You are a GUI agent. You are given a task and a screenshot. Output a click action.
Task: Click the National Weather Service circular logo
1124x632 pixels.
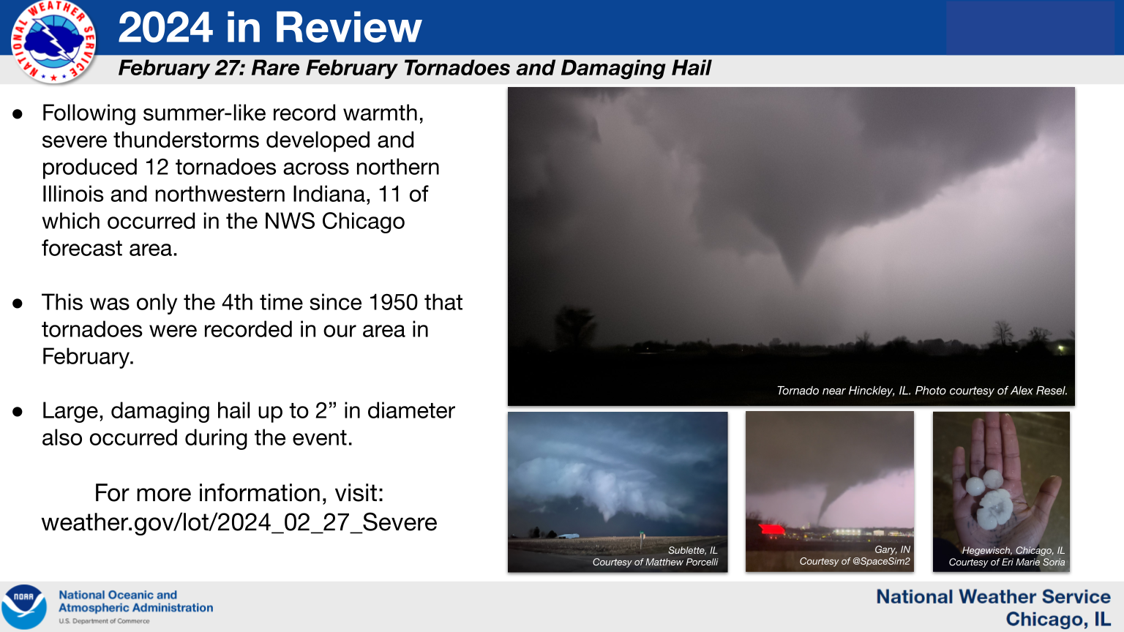[x=53, y=41]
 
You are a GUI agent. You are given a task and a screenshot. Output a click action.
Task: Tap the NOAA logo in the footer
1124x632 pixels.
[x=24, y=607]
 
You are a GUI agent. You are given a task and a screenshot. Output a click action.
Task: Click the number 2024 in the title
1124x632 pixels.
[x=165, y=28]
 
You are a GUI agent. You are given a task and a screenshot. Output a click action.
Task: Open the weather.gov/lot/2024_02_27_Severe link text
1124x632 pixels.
[x=239, y=522]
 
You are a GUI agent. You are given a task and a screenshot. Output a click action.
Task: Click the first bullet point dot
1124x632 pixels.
[x=18, y=114]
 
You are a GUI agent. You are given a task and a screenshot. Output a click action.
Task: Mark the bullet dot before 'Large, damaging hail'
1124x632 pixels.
[x=18, y=412]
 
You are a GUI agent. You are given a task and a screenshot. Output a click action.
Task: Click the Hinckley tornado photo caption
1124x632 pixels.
[x=922, y=391]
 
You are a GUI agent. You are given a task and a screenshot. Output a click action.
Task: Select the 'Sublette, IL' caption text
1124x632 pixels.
[x=692, y=550]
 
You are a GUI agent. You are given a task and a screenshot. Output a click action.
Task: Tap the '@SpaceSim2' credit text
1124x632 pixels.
[x=882, y=561]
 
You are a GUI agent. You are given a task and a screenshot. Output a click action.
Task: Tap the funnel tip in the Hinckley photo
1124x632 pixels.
[x=796, y=282]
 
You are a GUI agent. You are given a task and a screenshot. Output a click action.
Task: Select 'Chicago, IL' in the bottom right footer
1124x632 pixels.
[x=1057, y=619]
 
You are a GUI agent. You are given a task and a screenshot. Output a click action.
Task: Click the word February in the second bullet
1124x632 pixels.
[x=88, y=357]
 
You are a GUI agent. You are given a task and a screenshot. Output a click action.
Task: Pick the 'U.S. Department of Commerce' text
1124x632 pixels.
[x=104, y=621]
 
